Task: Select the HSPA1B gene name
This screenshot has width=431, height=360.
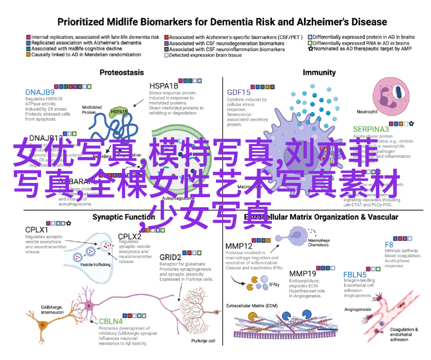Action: [164, 86]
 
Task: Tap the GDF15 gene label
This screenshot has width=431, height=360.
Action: [238, 92]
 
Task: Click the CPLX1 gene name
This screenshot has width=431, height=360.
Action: [36, 229]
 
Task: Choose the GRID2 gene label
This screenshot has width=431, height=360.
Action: [170, 257]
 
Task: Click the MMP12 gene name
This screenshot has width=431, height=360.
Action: [239, 246]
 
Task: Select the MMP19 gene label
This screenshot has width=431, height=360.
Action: [302, 274]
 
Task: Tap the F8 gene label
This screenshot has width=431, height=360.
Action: [389, 245]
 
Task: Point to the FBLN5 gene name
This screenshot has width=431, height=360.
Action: [355, 274]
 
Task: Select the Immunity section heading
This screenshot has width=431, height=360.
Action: [319, 72]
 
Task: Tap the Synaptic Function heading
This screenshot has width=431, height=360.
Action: [117, 217]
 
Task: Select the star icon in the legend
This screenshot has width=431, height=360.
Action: [310, 48]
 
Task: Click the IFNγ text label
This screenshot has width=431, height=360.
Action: [274, 284]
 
